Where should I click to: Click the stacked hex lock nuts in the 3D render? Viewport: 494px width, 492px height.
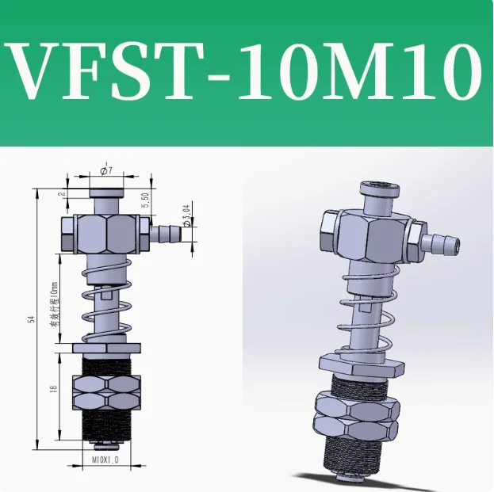[x=354, y=416]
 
